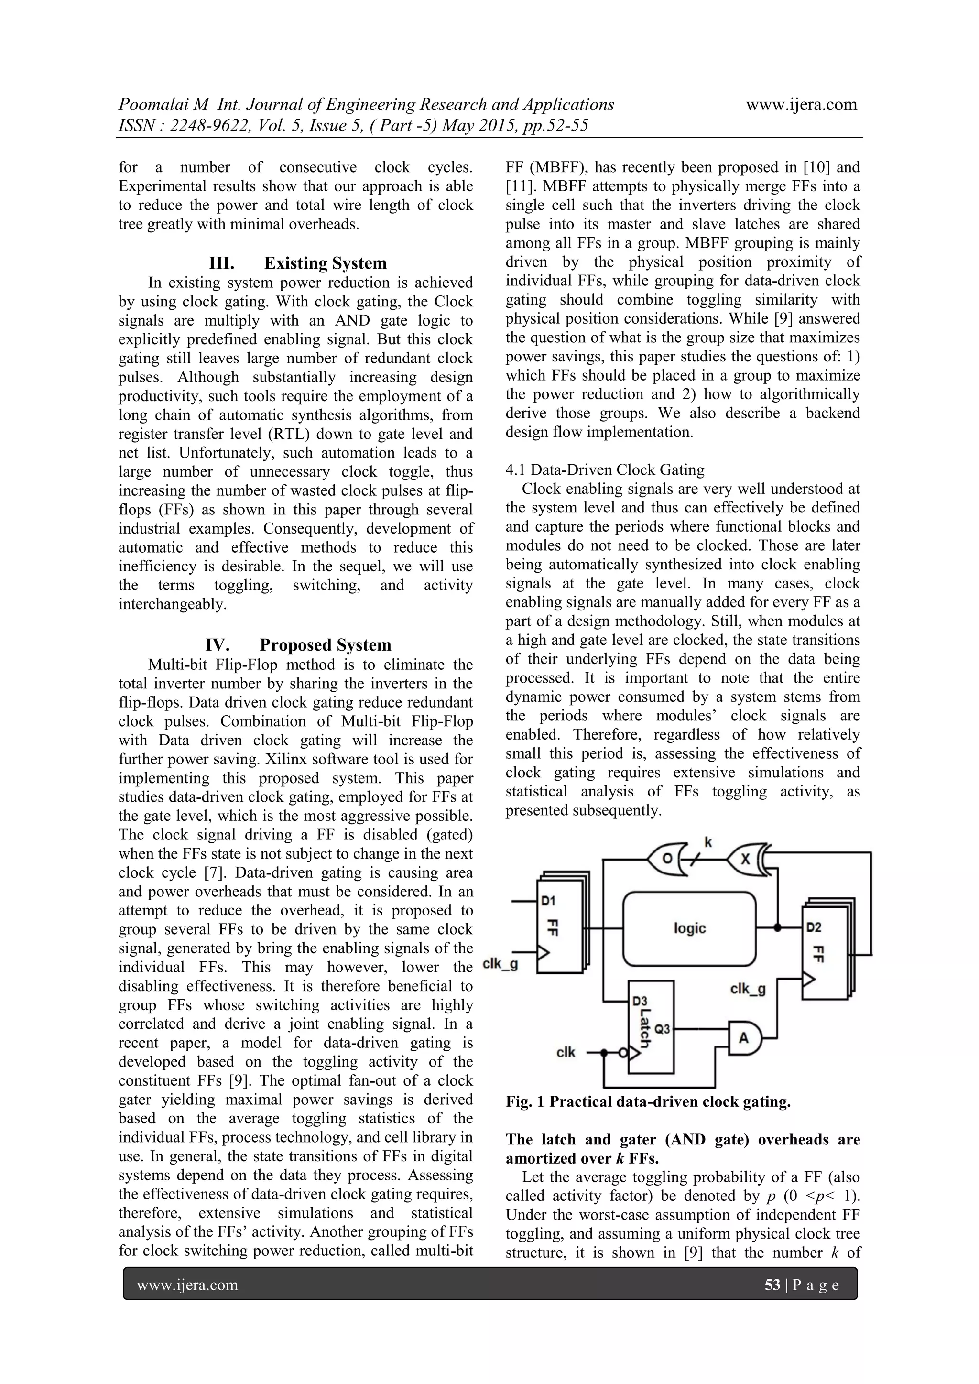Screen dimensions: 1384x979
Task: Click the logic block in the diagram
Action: click(689, 928)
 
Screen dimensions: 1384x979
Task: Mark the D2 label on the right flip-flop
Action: click(814, 928)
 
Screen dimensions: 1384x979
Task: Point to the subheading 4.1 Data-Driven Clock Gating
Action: click(605, 469)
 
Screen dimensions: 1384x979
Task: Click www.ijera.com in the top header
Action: click(801, 104)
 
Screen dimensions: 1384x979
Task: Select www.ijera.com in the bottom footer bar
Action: click(187, 1285)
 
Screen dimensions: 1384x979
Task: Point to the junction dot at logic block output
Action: click(777, 928)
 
